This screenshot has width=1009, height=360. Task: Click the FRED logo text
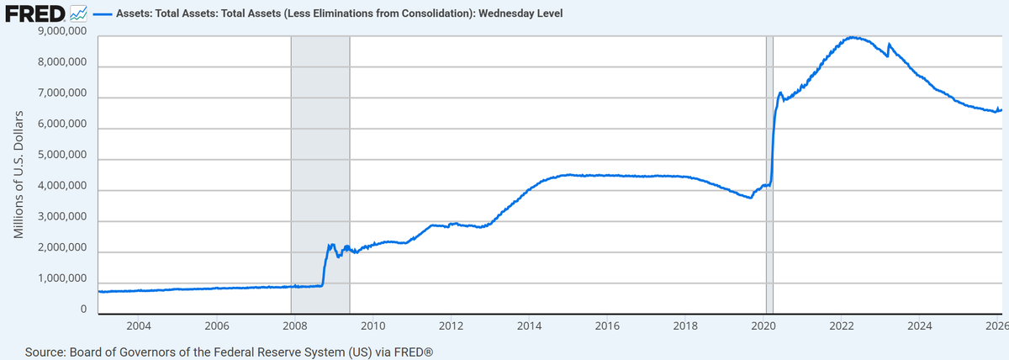click(35, 14)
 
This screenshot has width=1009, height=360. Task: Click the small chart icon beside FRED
click(78, 14)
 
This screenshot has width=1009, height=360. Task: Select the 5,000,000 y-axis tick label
click(63, 156)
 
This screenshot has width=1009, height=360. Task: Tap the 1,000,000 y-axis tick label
click(63, 279)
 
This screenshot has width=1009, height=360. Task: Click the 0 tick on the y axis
click(83, 310)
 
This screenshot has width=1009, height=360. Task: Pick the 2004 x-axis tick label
click(138, 326)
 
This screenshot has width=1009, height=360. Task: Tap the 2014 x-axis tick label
click(529, 326)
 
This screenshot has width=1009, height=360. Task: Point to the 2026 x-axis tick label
click(996, 326)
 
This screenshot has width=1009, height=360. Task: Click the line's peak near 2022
click(853, 37)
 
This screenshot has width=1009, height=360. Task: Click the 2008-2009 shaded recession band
click(320, 168)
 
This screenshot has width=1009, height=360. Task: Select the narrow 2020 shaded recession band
click(769, 126)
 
